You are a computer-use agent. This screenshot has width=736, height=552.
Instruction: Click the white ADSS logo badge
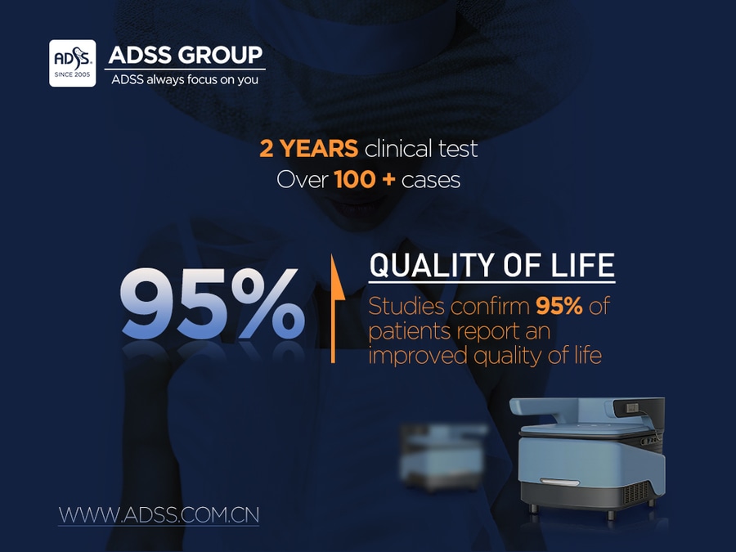click(72, 63)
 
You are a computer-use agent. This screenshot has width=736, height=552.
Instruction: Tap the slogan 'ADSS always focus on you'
click(185, 79)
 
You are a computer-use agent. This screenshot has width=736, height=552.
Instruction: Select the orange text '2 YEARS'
click(308, 149)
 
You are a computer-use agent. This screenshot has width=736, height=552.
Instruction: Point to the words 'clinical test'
click(421, 149)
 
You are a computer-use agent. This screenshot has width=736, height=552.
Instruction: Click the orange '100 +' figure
click(365, 180)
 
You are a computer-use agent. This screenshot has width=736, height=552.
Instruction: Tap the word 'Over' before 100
click(303, 180)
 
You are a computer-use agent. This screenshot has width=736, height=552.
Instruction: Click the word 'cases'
click(431, 181)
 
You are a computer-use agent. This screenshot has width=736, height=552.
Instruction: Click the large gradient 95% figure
click(213, 303)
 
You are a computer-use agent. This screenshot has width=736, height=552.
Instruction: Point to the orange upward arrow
click(334, 308)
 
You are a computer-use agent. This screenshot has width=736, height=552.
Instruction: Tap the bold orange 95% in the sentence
click(559, 306)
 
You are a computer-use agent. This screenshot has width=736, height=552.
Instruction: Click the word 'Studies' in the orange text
click(406, 307)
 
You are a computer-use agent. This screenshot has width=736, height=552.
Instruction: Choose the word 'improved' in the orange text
click(418, 356)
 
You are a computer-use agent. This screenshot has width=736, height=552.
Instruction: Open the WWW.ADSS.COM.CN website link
click(159, 515)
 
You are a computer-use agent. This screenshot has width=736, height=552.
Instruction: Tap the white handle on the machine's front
click(559, 482)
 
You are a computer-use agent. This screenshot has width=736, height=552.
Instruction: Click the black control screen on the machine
click(639, 407)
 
